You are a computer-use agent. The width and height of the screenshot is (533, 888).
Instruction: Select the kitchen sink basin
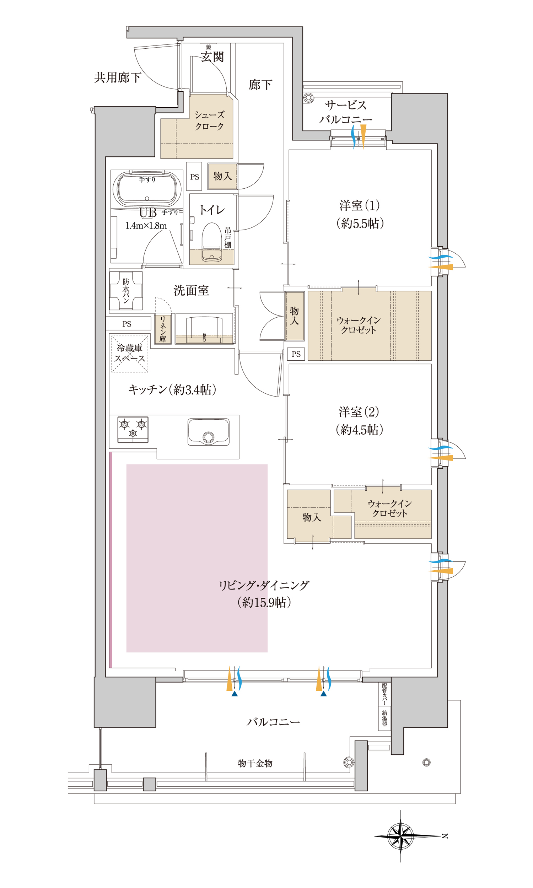click(x=208, y=432)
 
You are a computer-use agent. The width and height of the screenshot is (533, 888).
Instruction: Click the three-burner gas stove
click(x=133, y=430)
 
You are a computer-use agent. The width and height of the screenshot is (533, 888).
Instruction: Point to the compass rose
click(x=400, y=836)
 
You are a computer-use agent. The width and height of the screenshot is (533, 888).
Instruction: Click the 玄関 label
click(x=212, y=57)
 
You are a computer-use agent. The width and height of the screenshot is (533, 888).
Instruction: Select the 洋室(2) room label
click(x=359, y=420)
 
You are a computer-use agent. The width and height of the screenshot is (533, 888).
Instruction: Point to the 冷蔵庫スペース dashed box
click(x=130, y=354)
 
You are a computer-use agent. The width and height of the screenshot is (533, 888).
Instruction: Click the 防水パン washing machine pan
click(x=126, y=291)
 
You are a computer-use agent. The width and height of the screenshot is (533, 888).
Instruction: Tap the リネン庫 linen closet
click(x=163, y=329)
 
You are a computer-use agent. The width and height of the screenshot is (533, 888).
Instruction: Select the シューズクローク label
click(x=209, y=121)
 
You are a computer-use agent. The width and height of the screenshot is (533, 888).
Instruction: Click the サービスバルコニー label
click(x=345, y=112)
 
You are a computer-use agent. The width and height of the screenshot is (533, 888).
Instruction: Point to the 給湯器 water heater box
click(x=385, y=719)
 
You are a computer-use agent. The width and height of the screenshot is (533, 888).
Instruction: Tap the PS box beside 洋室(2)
click(x=296, y=354)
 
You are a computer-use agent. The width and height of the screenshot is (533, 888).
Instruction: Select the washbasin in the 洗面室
click(x=204, y=328)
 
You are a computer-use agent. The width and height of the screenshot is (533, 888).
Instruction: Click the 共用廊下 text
click(x=118, y=77)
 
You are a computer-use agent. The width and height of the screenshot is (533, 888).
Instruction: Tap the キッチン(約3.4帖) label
click(x=172, y=389)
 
